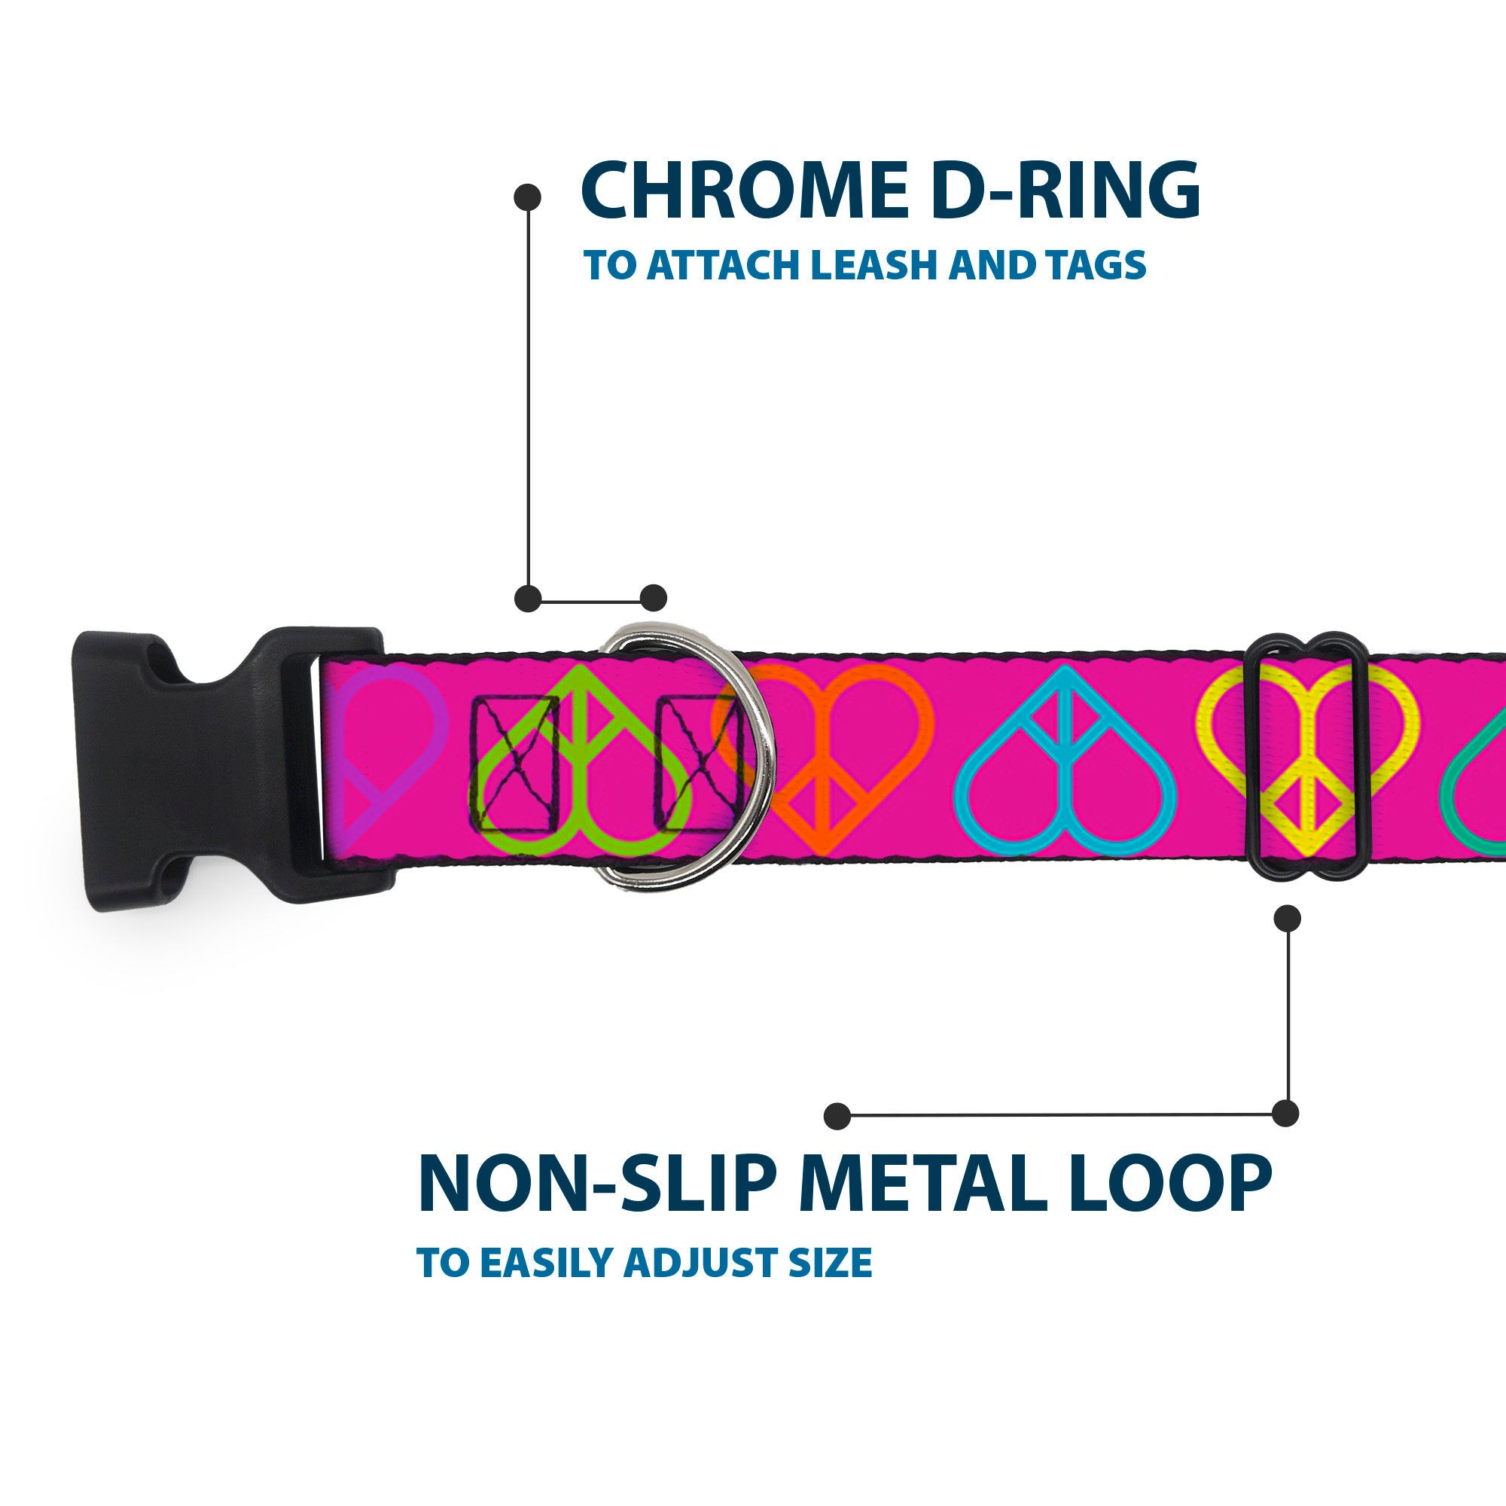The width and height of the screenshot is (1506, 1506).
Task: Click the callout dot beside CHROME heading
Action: tap(528, 197)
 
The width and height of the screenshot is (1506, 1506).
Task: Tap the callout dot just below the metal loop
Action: tap(1287, 918)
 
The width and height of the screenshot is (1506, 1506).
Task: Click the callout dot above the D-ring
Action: tap(653, 598)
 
